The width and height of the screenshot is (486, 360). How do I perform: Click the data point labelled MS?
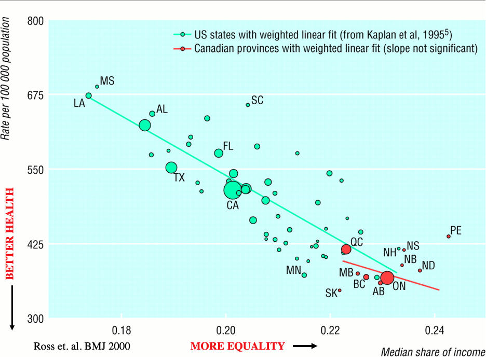pos(97,87)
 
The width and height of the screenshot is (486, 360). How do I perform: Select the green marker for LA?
pos(89,95)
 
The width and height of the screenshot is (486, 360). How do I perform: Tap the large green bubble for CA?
pos(233,190)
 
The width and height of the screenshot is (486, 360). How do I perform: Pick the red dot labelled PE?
pos(449,236)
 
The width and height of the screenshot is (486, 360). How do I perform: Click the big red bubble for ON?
pos(387,278)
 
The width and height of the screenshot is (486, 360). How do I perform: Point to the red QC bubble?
pos(346,250)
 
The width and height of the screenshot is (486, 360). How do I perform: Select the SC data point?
pos(248,105)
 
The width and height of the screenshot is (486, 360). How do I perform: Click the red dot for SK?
pos(340,290)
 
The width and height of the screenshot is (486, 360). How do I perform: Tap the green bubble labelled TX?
pos(171,168)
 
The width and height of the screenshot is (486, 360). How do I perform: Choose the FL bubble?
pos(219,153)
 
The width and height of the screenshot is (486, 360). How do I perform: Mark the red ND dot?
pos(420,270)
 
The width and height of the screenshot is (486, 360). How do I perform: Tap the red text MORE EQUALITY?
pos(237,346)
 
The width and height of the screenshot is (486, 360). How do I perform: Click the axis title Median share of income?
pos(433,352)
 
